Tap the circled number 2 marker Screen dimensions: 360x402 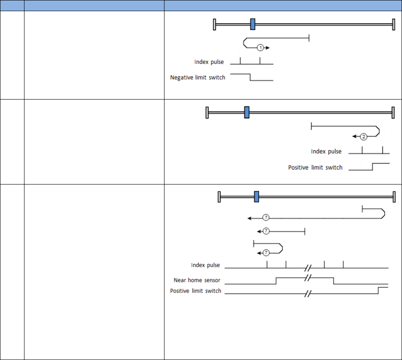[x=363, y=137]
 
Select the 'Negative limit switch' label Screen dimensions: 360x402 [x=198, y=78]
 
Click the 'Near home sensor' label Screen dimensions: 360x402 [x=197, y=280]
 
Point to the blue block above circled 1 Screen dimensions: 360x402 [x=253, y=24]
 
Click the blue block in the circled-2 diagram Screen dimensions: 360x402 [x=247, y=112]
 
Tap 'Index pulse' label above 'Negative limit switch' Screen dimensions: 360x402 [x=209, y=62]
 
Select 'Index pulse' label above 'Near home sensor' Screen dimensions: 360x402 [x=205, y=265]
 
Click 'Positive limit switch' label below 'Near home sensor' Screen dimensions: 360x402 [x=195, y=291]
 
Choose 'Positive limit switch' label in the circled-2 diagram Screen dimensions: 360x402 [x=315, y=167]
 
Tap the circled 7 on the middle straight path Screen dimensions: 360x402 [x=265, y=231]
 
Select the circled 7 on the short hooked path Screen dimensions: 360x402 [x=265, y=253]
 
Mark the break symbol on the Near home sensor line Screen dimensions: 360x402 [x=307, y=278]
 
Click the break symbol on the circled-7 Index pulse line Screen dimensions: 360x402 [x=307, y=268]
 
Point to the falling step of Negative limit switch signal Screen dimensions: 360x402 [x=250, y=77]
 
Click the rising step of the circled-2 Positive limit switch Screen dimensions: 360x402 [x=372, y=166]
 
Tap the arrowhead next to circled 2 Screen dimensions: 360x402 [x=354, y=137]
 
